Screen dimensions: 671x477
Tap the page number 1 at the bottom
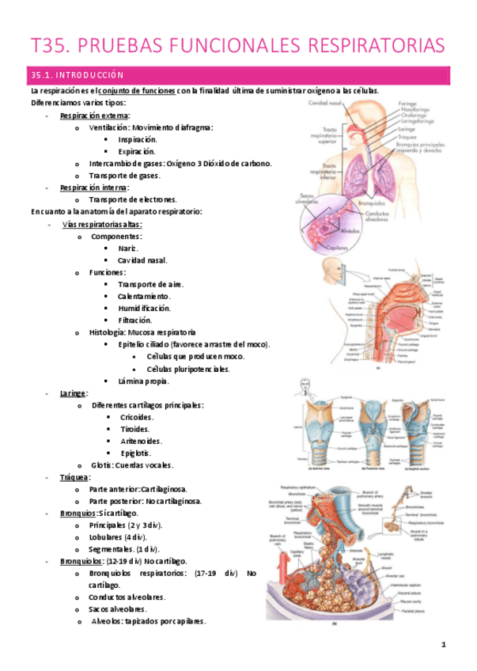point(444,647)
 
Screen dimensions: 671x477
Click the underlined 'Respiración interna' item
point(94,188)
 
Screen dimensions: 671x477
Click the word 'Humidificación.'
point(145,309)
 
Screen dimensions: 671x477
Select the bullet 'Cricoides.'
point(136,417)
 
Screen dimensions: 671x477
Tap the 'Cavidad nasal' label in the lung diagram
point(307,103)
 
